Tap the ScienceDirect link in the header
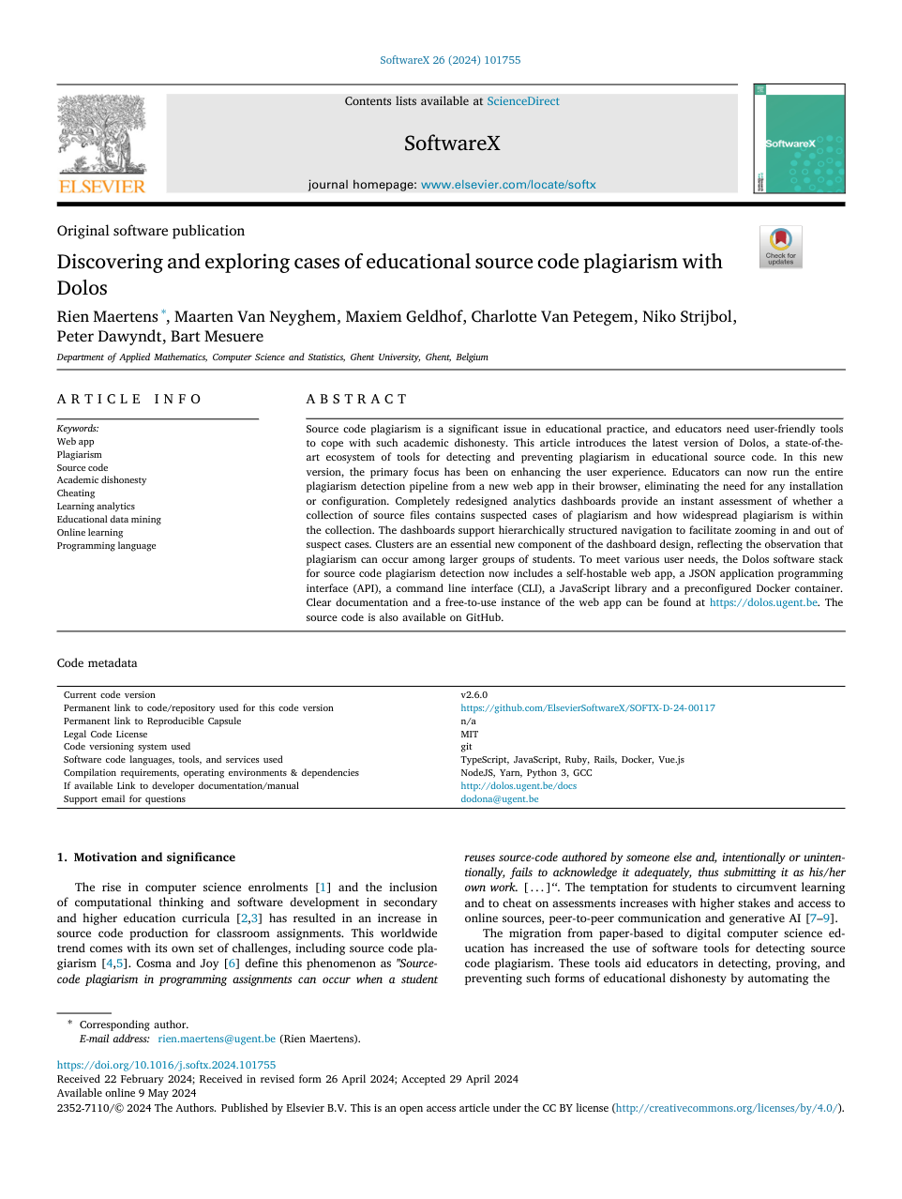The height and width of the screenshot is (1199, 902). coord(522,101)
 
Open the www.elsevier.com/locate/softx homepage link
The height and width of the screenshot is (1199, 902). coord(508,185)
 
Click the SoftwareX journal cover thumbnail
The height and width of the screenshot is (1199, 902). coord(799,139)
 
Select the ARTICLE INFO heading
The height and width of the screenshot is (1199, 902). coord(129,399)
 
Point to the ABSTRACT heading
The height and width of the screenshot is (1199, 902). coord(356,399)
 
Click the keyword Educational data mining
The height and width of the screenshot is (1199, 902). coord(109,520)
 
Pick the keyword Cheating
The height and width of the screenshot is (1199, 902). coord(76,493)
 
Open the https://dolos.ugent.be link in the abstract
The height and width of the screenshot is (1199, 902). coord(763,603)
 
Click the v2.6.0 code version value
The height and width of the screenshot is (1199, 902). coord(474,695)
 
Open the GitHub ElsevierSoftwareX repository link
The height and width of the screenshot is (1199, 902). coord(587,708)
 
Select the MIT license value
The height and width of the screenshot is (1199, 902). coord(469,735)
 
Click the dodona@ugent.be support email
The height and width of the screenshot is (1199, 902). coord(499,799)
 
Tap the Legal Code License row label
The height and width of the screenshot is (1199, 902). coord(105,735)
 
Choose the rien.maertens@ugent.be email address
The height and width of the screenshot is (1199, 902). coord(217,1040)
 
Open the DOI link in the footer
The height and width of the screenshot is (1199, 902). coord(166,1066)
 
